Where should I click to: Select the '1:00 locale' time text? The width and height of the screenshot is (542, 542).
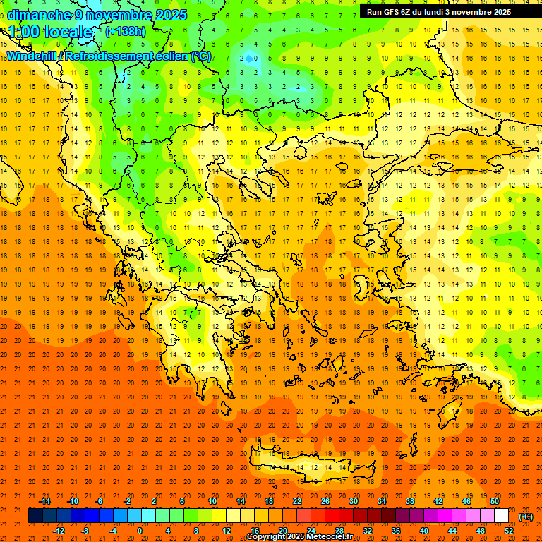[x=51, y=32]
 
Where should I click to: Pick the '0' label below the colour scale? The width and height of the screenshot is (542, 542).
[x=139, y=531]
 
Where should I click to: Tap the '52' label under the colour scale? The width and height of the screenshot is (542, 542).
[x=509, y=531]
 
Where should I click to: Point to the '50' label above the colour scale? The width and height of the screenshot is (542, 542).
[x=495, y=501]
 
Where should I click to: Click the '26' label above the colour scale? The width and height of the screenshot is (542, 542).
[x=325, y=501]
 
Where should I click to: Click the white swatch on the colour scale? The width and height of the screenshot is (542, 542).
[x=501, y=516]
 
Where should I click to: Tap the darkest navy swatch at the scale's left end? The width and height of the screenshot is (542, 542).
[x=35, y=516]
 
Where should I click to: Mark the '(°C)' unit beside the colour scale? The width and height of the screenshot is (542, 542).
[x=526, y=517]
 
